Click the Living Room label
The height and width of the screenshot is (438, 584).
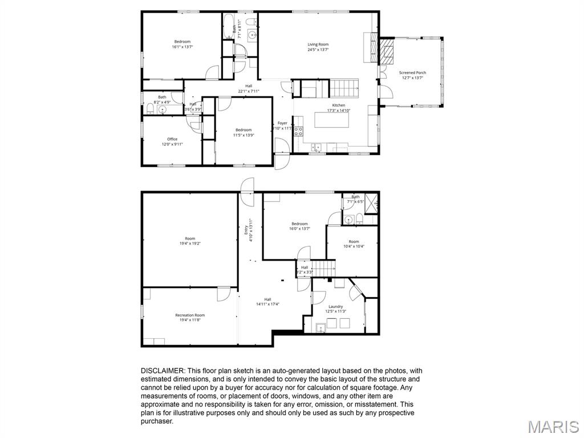point(318,44)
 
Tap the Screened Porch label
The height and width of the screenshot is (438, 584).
point(412,72)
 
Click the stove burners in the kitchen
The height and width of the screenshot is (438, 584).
point(298,132)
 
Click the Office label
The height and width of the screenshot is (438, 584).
point(172,139)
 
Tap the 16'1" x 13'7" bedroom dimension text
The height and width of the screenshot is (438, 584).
point(182,47)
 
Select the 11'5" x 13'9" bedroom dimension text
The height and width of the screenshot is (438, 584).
point(244,135)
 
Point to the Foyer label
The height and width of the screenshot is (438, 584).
point(282,123)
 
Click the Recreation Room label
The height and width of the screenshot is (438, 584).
point(190,315)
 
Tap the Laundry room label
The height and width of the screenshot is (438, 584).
point(336,306)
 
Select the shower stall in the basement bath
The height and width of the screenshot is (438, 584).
point(371,204)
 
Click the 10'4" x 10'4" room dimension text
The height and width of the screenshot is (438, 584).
point(354,246)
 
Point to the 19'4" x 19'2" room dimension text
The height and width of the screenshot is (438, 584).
point(190,244)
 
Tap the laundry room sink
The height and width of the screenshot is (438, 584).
point(320,327)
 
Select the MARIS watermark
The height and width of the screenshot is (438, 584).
point(553,426)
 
